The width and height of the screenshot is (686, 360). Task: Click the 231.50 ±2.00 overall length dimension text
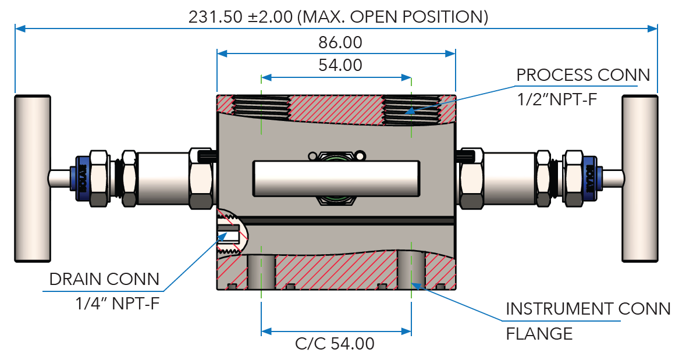pyautogui.click(x=338, y=16)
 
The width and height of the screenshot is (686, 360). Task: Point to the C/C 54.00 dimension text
pyautogui.click(x=335, y=344)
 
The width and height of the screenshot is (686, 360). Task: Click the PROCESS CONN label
pyautogui.click(x=583, y=75)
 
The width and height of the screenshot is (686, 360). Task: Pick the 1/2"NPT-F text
pyautogui.click(x=557, y=99)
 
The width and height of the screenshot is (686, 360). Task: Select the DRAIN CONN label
pyautogui.click(x=104, y=279)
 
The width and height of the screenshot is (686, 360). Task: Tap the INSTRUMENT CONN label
pyautogui.click(x=588, y=309)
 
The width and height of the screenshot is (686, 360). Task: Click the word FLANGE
pyautogui.click(x=539, y=333)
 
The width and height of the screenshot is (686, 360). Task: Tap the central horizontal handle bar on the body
pyautogui.click(x=336, y=177)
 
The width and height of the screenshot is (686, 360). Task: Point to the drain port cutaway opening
pyautogui.click(x=230, y=236)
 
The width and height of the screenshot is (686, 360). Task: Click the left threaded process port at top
pyautogui.click(x=262, y=106)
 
